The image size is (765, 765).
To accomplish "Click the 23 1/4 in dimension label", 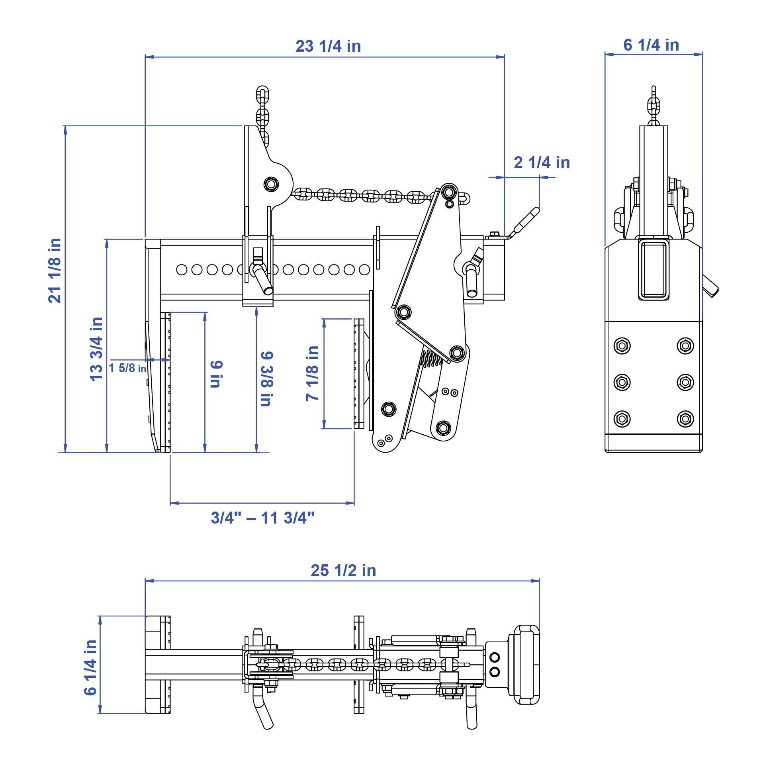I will point(328,46).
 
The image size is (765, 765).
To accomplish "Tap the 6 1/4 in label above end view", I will point(651,45).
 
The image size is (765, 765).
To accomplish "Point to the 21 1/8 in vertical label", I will point(55,271).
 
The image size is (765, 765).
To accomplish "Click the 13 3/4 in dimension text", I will point(97,349).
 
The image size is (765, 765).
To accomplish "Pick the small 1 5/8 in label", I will point(127,368).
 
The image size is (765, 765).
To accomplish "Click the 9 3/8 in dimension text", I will point(266,379).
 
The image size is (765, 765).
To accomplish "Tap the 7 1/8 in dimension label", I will point(312,373).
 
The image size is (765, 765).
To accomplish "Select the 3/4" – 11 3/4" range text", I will point(262,518).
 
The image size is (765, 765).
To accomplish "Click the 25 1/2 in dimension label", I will point(343,571).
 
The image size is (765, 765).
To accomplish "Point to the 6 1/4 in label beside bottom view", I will point(91,667).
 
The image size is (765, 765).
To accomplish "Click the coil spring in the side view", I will point(431,358).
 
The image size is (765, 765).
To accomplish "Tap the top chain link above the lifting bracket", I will point(262,94).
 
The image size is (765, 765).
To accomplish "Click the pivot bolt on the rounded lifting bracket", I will point(271,184).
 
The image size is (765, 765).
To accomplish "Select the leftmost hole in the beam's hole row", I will point(182,270).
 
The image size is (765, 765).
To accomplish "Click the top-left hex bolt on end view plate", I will point(622,345).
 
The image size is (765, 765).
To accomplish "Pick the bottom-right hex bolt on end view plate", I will point(685,419).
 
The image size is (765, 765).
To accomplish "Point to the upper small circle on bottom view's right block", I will point(494,657).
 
